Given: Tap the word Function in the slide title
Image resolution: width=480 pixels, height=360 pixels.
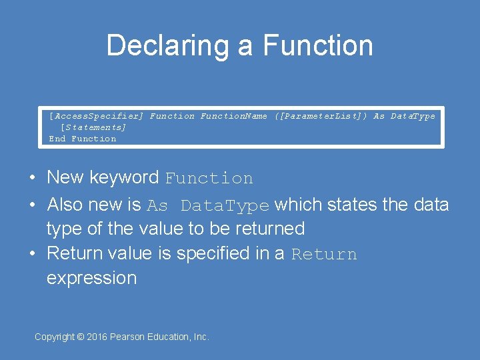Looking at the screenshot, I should point(317,46).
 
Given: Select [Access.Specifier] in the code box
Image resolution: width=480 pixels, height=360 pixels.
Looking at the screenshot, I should point(96,116).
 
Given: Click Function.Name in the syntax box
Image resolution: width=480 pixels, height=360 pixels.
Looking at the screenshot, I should point(233,116).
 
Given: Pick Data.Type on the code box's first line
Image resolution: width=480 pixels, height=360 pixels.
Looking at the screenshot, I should point(413,116).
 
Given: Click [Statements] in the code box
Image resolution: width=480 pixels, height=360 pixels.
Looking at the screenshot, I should point(93,127).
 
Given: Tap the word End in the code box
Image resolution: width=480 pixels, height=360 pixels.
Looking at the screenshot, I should point(57,139).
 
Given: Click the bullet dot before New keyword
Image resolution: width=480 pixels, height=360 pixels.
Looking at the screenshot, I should point(32,178).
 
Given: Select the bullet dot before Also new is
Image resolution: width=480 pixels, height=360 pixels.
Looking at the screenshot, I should point(32,205).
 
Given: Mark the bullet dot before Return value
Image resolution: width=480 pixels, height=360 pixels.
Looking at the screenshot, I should point(32,254).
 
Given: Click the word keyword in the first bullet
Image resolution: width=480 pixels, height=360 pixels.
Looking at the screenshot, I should point(125,177).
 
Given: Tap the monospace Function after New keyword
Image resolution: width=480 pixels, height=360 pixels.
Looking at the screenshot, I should point(209,179).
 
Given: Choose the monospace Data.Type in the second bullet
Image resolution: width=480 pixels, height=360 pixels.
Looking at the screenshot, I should point(225,205).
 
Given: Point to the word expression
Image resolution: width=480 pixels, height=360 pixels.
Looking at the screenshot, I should point(91,278).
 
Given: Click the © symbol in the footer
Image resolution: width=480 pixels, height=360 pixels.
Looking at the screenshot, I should point(81,337).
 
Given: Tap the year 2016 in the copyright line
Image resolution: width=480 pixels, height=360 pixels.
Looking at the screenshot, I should point(97,337).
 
